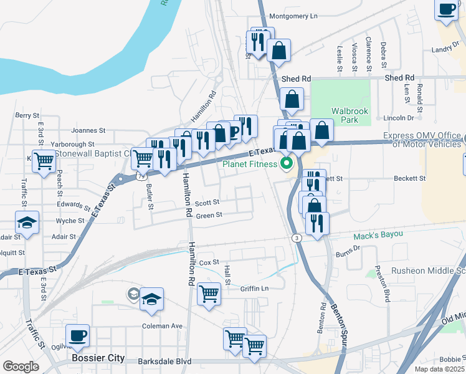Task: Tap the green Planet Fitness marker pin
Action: click(x=287, y=165)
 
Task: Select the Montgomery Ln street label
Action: click(x=293, y=16)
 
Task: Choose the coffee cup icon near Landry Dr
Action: click(x=447, y=9)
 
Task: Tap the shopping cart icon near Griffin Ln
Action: click(x=209, y=293)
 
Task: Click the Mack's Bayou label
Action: click(x=379, y=236)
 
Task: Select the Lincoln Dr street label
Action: click(x=399, y=118)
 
